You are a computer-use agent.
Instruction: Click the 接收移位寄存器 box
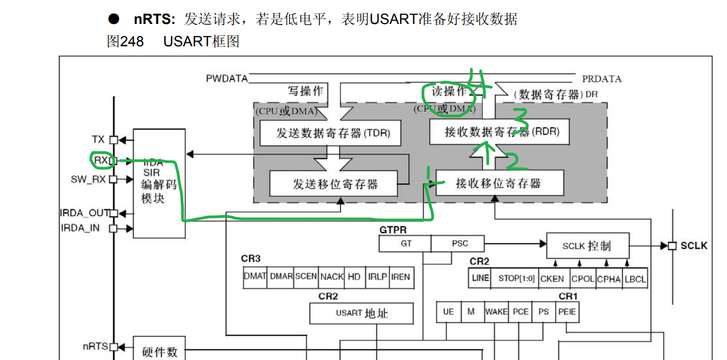tap(499, 183)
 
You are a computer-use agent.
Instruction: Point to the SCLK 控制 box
tap(587, 246)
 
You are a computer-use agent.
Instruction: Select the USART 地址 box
tap(361, 313)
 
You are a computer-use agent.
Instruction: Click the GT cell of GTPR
tap(406, 243)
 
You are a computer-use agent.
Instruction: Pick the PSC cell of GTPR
tap(459, 243)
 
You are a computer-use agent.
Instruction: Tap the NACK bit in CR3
tap(331, 277)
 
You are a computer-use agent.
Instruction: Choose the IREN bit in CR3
tap(400, 277)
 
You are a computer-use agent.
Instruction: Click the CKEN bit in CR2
tap(552, 278)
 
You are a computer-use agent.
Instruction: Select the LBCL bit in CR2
tap(635, 278)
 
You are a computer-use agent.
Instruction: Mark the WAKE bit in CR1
tap(496, 312)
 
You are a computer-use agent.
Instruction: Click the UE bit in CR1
tap(448, 312)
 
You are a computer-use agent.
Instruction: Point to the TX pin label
tap(99, 139)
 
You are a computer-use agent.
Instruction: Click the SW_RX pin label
tap(88, 179)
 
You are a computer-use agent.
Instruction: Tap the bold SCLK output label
tap(694, 246)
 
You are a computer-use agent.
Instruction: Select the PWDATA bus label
tap(227, 78)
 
